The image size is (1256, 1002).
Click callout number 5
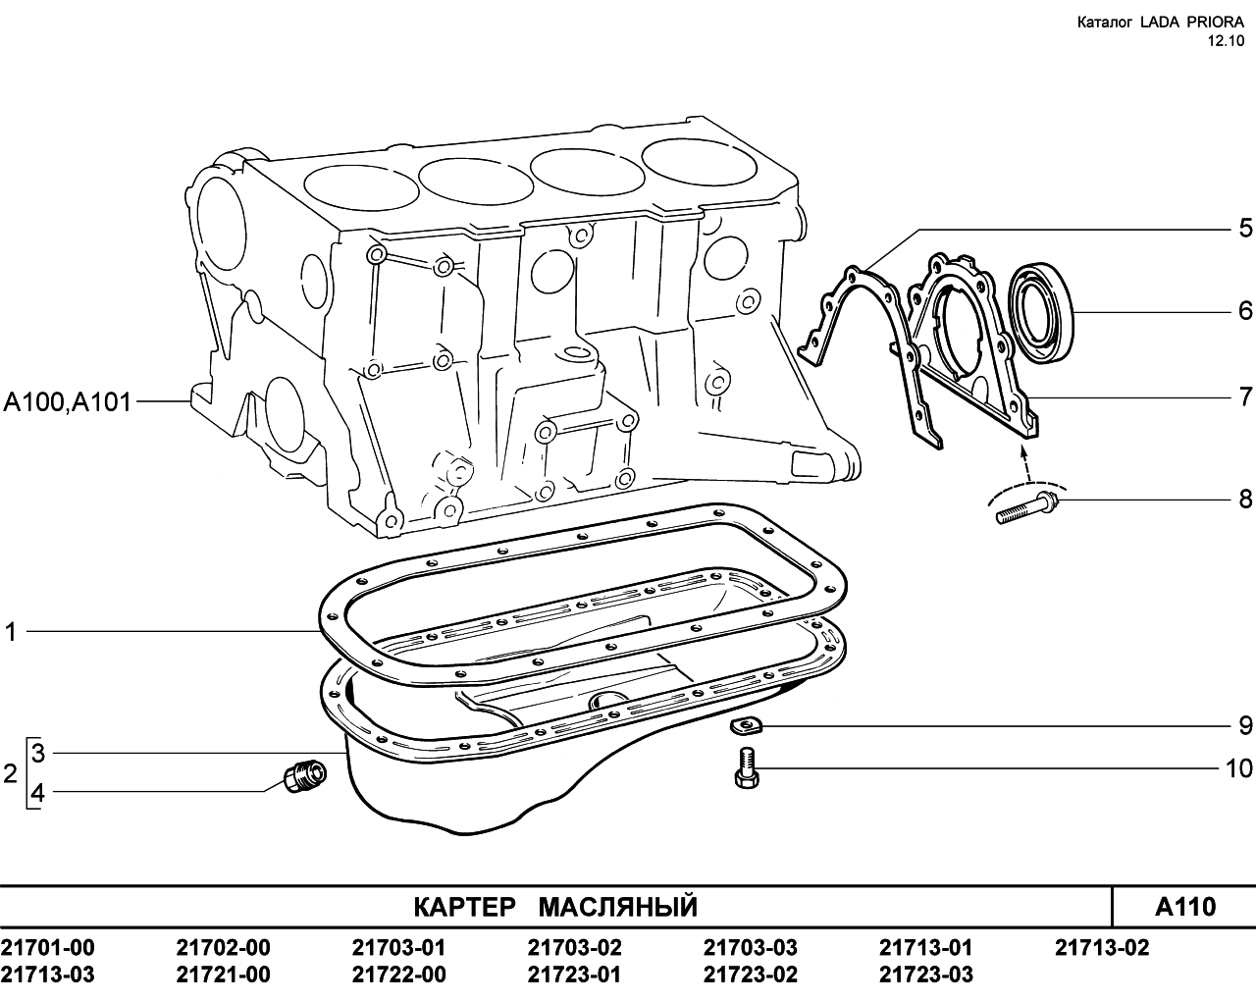pyautogui.click(x=1245, y=229)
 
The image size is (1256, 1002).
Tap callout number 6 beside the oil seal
pyautogui.click(x=1245, y=311)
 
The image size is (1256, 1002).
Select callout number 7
pyautogui.click(x=1245, y=397)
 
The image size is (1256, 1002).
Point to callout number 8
pyautogui.click(x=1245, y=500)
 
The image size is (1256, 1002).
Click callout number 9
pyautogui.click(x=1245, y=726)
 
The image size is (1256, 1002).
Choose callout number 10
pyautogui.click(x=1238, y=768)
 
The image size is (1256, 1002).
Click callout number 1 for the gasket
pyautogui.click(x=11, y=632)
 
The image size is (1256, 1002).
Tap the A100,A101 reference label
pyautogui.click(x=67, y=402)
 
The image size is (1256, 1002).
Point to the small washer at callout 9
pyautogui.click(x=746, y=726)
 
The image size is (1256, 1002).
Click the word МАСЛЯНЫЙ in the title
pyautogui.click(x=618, y=907)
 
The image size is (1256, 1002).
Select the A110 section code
pyautogui.click(x=1184, y=907)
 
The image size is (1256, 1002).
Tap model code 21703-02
pyautogui.click(x=574, y=947)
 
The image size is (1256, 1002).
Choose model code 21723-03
pyautogui.click(x=926, y=975)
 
